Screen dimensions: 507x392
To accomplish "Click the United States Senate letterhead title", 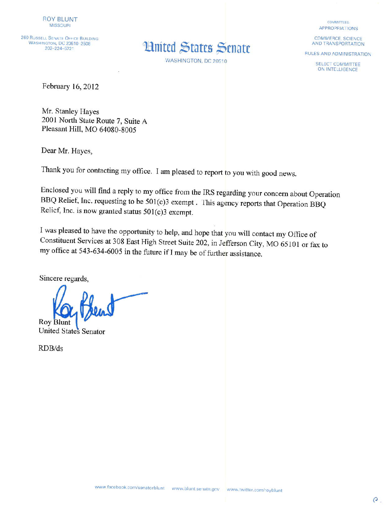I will click(x=197, y=48).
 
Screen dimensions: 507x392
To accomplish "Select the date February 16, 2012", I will click(x=70, y=86).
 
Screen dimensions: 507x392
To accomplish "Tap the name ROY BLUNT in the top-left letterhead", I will click(x=60, y=19).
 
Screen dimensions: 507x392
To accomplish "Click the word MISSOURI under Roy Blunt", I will click(x=60, y=26).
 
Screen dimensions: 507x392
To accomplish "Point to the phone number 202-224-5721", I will click(x=59, y=49).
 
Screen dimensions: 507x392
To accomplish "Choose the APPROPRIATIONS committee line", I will click(x=338, y=28).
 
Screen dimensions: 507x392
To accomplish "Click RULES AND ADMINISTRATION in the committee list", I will click(x=338, y=54).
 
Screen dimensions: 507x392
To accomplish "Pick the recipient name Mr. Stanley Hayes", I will click(x=70, y=111).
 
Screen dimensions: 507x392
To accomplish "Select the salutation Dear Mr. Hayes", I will click(x=67, y=151).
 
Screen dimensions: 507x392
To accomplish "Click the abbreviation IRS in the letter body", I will click(x=209, y=193).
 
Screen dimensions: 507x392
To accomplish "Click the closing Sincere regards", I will click(x=64, y=278).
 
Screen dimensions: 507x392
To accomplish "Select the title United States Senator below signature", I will click(x=72, y=331).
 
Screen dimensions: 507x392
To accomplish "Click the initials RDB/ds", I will click(x=51, y=348).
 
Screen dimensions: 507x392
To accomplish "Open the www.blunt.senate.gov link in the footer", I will click(x=196, y=489).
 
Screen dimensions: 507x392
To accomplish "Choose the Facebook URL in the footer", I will click(x=129, y=488).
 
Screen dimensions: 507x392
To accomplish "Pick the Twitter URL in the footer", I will click(x=254, y=490).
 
